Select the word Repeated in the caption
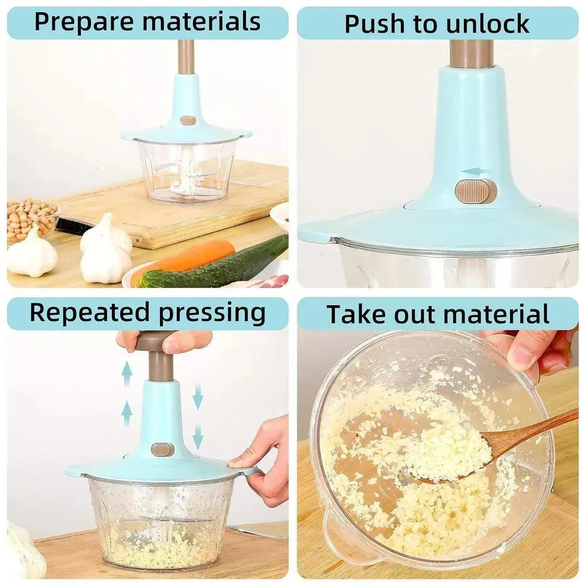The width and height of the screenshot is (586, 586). (89, 313)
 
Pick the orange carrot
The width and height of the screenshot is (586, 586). (190, 256)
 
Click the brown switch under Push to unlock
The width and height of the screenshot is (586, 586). (475, 192)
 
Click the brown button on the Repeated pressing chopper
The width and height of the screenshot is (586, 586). (162, 449)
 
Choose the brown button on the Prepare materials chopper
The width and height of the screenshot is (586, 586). (188, 120)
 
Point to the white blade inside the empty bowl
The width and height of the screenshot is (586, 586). (182, 182)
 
